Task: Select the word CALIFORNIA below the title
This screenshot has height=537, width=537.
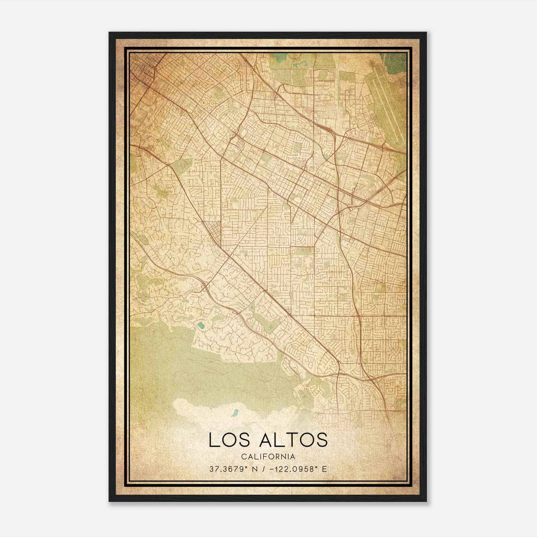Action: [x=268, y=457]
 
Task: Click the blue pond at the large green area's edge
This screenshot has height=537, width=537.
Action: [x=201, y=325]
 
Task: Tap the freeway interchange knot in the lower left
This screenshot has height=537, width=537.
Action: [x=204, y=286]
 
